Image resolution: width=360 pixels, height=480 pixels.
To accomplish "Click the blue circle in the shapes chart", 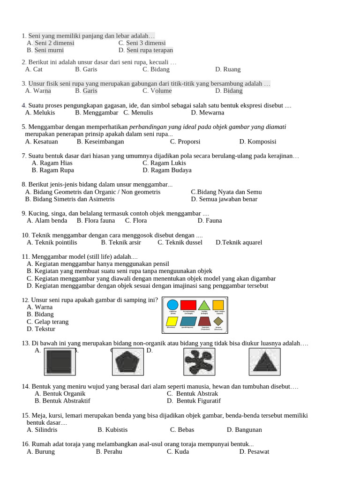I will pyautogui.click(x=172, y=305).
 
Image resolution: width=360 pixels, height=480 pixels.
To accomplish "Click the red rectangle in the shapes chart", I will pyautogui.click(x=188, y=305).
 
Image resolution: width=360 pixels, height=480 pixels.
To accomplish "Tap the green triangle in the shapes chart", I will pyautogui.click(x=204, y=306).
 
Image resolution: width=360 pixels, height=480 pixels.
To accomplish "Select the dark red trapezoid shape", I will pyautogui.click(x=204, y=321).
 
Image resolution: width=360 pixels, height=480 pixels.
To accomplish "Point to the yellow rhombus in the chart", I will pyautogui.click(x=172, y=321).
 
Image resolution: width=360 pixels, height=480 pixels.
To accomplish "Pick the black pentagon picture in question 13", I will pyautogui.click(x=127, y=362).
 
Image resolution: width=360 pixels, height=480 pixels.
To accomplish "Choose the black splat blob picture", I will pyautogui.click(x=199, y=362).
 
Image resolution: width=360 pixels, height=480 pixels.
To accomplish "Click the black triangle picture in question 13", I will pyautogui.click(x=264, y=362).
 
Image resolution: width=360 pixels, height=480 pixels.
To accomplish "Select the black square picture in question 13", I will pyautogui.click(x=60, y=362).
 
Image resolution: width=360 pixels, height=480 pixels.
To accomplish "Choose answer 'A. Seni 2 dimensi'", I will pyautogui.click(x=51, y=43).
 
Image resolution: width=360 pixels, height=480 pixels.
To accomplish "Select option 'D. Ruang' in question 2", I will pyautogui.click(x=228, y=69).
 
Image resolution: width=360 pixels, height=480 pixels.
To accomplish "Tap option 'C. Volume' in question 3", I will pyautogui.click(x=157, y=91).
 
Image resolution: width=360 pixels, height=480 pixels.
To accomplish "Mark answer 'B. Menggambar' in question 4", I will pyautogui.click(x=97, y=112).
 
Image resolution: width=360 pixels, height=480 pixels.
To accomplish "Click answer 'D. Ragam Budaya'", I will pyautogui.click(x=167, y=170).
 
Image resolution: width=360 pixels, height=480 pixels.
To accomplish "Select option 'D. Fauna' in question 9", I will pyautogui.click(x=210, y=221).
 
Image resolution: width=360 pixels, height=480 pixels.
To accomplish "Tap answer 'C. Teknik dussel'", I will pyautogui.click(x=180, y=242).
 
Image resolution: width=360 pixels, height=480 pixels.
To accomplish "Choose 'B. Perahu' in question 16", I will pyautogui.click(x=109, y=451).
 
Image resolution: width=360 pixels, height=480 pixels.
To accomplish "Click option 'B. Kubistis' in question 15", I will pyautogui.click(x=112, y=430).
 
